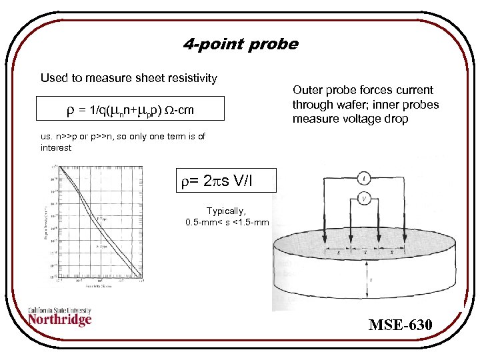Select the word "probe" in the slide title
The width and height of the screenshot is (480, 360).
pos(273,45)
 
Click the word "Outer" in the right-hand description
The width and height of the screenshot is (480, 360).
pos(307,90)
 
